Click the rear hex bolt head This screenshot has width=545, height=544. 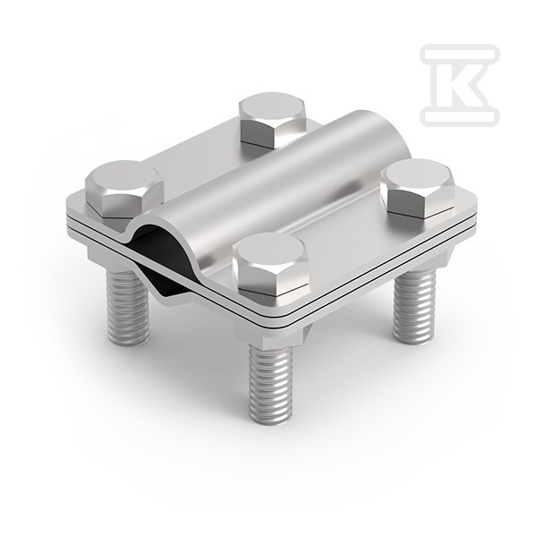[272, 119]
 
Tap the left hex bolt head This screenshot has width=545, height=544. [124, 191]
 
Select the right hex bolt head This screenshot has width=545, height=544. [417, 188]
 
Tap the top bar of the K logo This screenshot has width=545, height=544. [460, 55]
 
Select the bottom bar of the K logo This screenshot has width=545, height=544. [460, 115]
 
